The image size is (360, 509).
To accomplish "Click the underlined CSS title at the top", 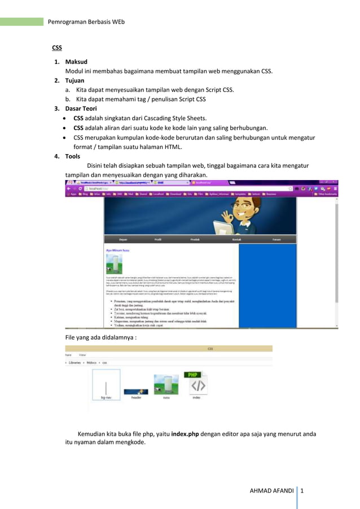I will click(x=57, y=48).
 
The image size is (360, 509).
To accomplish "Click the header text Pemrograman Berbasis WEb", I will click(x=86, y=22).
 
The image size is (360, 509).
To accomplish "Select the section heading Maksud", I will click(x=76, y=62).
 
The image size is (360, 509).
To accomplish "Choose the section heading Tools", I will click(x=73, y=156).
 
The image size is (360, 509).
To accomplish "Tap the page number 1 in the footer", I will click(x=302, y=490).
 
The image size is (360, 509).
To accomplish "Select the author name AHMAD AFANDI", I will click(x=272, y=490).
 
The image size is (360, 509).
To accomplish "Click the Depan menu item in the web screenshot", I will click(x=123, y=240).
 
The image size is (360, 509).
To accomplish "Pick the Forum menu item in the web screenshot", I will click(x=276, y=240).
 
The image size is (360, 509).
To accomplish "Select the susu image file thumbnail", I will click(x=166, y=384).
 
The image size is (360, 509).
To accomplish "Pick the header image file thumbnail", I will click(x=136, y=391).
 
